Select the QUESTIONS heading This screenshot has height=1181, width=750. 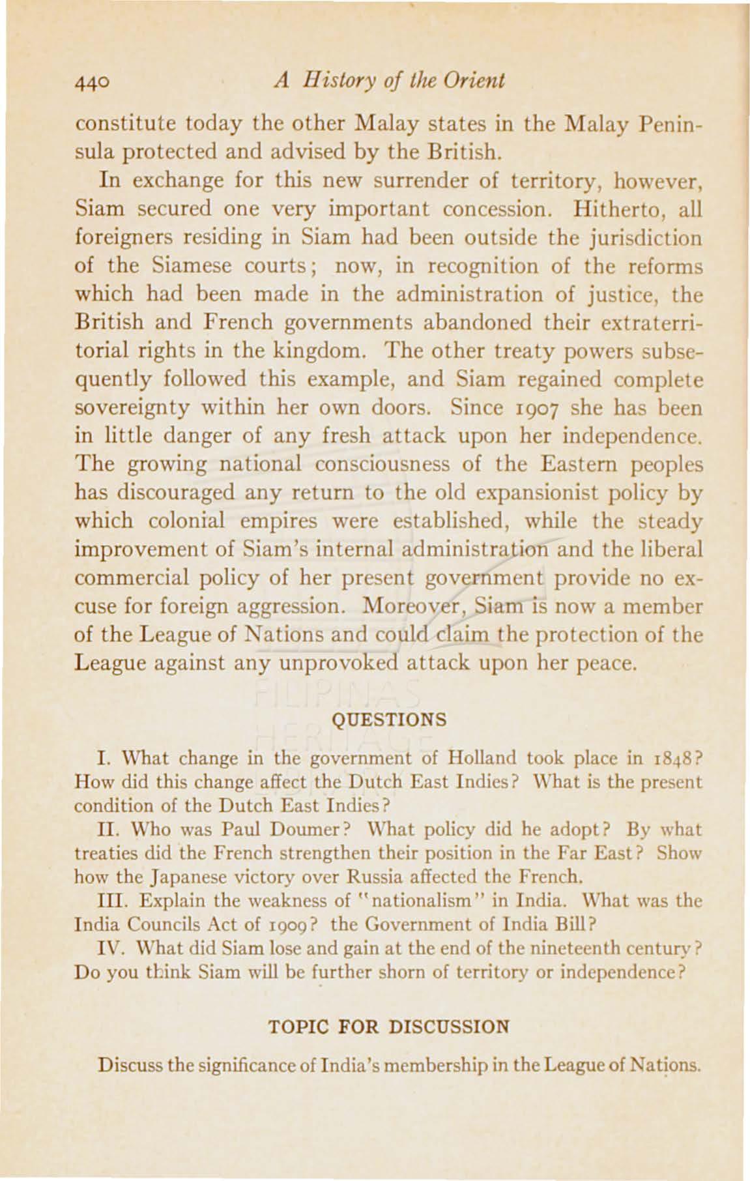pyautogui.click(x=390, y=720)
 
